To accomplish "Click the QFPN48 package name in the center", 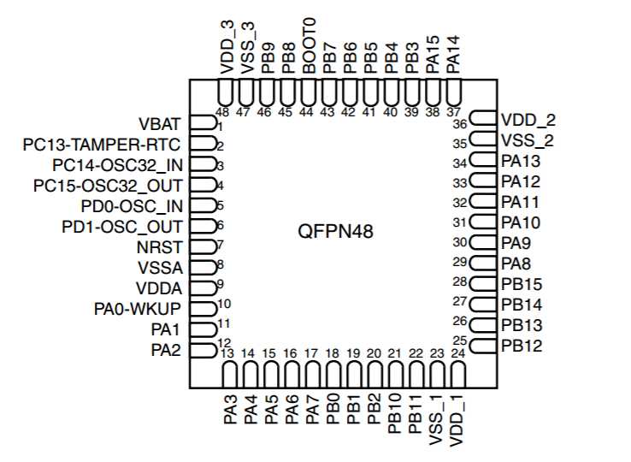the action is coord(335,232).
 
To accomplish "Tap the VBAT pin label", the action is coord(160,124).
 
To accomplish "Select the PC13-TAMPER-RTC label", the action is coord(102,145).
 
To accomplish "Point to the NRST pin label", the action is coord(160,247).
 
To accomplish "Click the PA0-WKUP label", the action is coord(138,309).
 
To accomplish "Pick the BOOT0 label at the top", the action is coord(309,46).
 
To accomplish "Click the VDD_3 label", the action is coord(227,48).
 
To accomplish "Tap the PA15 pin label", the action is coord(433,55).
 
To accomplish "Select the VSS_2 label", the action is coord(528,140).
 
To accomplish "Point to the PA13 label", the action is coord(521,161).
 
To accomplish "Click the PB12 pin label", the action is coord(522,346).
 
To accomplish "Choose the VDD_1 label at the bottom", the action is coord(457,421).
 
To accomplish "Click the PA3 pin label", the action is coord(230,410).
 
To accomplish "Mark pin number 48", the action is coord(222,112).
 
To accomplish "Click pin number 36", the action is coord(459,124).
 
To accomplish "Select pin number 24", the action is coord(458,353).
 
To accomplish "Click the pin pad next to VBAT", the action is coord(203,122).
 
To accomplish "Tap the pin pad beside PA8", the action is coord(483,264).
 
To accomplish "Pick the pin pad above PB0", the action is coord(333,375).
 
